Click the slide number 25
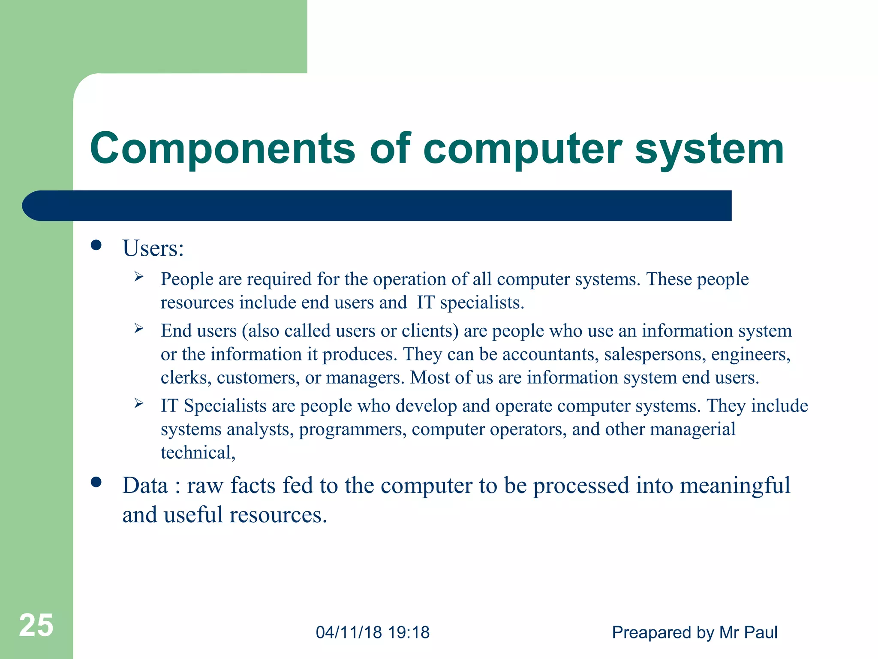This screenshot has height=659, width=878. click(x=36, y=626)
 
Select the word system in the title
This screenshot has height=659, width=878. click(x=709, y=148)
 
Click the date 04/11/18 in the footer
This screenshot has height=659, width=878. click(x=349, y=632)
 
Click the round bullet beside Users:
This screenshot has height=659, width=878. click(x=96, y=245)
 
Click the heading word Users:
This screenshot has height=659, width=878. click(x=153, y=248)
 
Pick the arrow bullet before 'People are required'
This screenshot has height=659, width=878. click(x=138, y=277)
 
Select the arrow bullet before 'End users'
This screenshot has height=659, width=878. click(x=138, y=329)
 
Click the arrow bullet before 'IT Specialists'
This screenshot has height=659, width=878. click(x=138, y=403)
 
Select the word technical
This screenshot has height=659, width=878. click(x=198, y=453)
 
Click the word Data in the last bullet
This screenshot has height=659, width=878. click(x=145, y=486)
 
